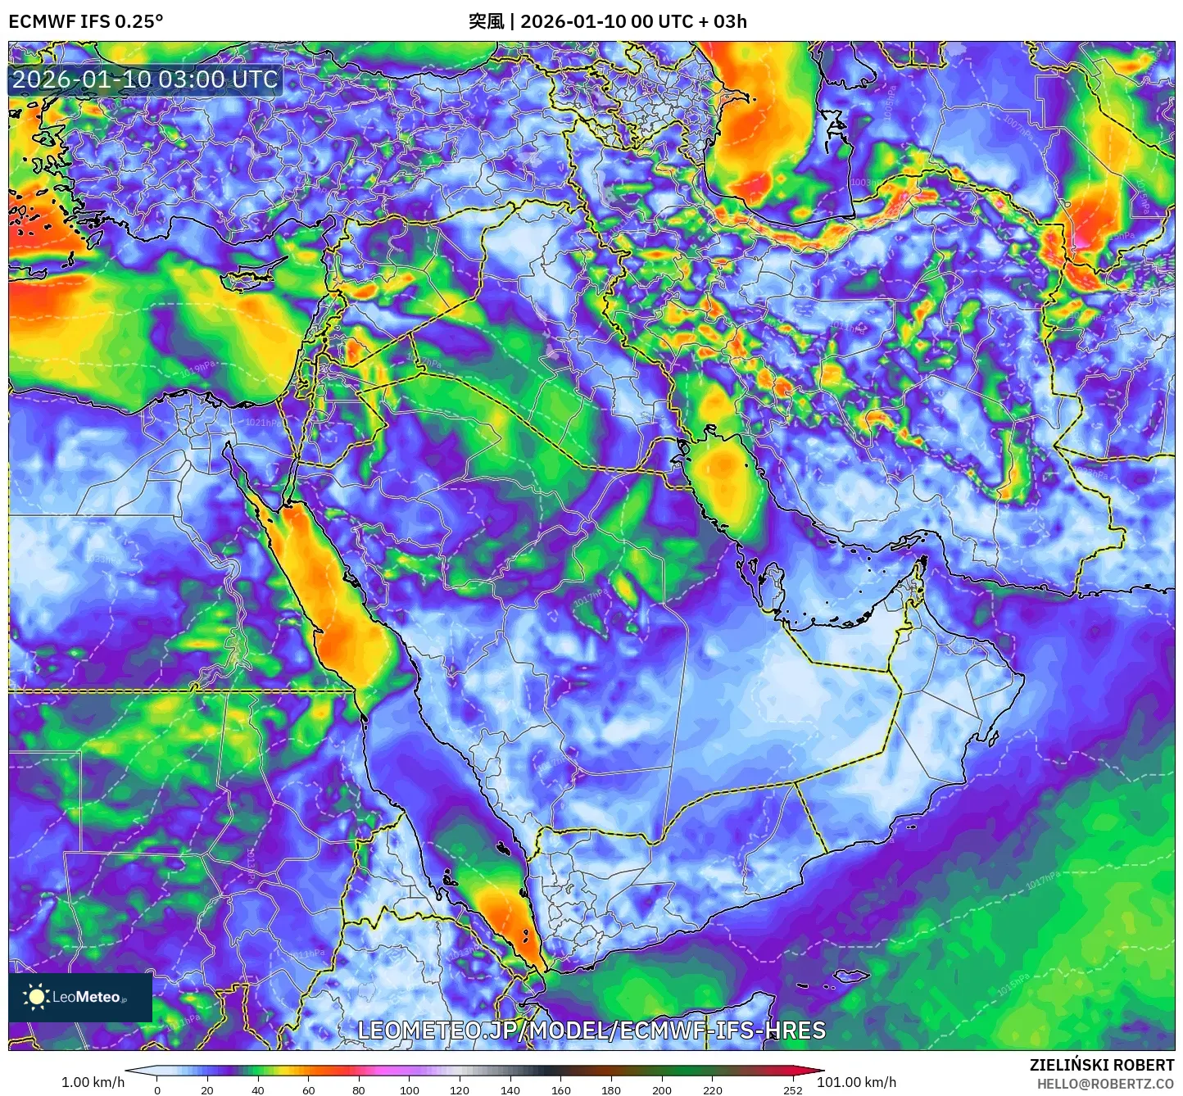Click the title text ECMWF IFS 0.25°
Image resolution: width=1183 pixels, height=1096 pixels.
pos(86,21)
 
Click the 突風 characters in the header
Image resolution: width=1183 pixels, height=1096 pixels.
pos(486,21)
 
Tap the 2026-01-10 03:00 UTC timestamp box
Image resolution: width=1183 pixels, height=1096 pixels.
pos(145,79)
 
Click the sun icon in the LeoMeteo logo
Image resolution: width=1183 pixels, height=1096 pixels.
pos(36,997)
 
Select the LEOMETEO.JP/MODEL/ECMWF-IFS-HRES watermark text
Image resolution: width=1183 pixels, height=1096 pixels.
pos(591,1030)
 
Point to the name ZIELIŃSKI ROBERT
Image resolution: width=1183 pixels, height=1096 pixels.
pos(1102,1065)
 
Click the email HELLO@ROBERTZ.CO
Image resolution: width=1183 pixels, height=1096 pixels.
pos(1105,1084)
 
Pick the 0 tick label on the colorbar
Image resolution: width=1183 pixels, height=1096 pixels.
pos(157,1090)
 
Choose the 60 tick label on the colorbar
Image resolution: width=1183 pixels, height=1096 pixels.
pos(308,1090)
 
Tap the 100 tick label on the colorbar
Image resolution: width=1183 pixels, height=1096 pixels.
pos(409,1090)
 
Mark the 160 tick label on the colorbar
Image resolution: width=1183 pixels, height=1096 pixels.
pos(560,1090)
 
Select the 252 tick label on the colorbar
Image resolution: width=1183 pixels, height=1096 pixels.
pos(792,1090)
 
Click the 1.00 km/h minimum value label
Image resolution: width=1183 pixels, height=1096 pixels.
pos(93,1082)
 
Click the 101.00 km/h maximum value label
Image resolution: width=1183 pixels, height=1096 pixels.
pos(857,1082)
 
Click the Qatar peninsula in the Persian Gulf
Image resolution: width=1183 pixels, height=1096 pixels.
pos(771,582)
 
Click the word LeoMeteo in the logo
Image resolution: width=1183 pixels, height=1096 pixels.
pos(86,997)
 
